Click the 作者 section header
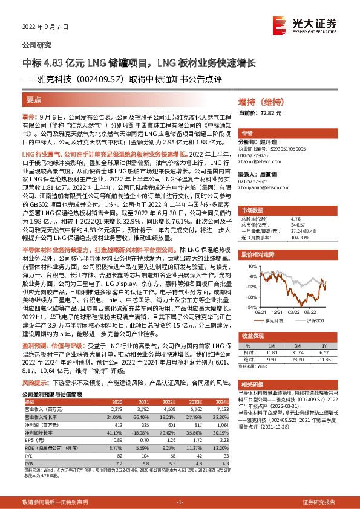247,133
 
